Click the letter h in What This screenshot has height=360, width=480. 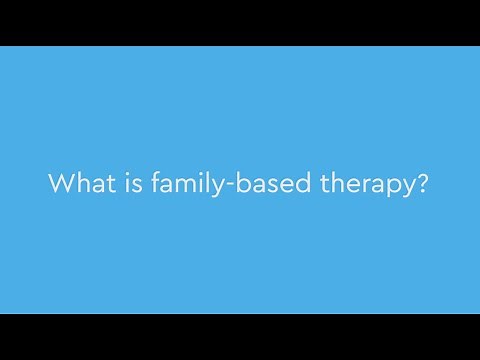coord(79,185)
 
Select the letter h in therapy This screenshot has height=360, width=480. coord(335,185)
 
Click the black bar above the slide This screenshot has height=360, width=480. coord(240,22)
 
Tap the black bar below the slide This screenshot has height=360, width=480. coord(240,337)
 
